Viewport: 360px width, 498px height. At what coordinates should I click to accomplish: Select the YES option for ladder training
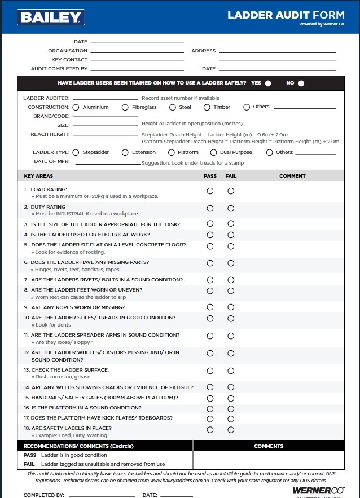pyautogui.click(x=268, y=83)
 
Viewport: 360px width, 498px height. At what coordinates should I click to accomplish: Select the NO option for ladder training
pyautogui.click(x=301, y=83)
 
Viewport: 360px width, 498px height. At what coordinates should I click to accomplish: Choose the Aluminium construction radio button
pyautogui.click(x=76, y=107)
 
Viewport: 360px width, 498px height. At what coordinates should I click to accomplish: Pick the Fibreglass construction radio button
pyautogui.click(x=125, y=107)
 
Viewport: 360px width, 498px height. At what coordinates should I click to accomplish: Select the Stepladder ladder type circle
pyautogui.click(x=76, y=152)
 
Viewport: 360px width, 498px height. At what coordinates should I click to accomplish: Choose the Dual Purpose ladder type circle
pyautogui.click(x=213, y=152)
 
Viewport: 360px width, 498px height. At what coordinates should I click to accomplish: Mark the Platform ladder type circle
pyautogui.click(x=172, y=152)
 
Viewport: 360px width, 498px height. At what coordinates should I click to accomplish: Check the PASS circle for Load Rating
pyautogui.click(x=210, y=191)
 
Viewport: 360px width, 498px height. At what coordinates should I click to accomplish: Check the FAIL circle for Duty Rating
pyautogui.click(x=231, y=209)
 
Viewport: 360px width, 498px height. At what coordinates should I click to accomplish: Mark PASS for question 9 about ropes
pyautogui.click(x=210, y=307)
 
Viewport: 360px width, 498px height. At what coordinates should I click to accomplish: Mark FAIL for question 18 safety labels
pyautogui.click(x=231, y=430)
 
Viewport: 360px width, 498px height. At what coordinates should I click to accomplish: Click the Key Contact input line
pyautogui.click(x=137, y=60)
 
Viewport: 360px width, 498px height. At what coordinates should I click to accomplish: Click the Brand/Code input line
pyautogui.click(x=105, y=116)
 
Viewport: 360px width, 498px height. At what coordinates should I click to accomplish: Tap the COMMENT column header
pyautogui.click(x=292, y=176)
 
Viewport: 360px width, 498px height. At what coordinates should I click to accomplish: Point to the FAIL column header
pyautogui.click(x=231, y=176)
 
